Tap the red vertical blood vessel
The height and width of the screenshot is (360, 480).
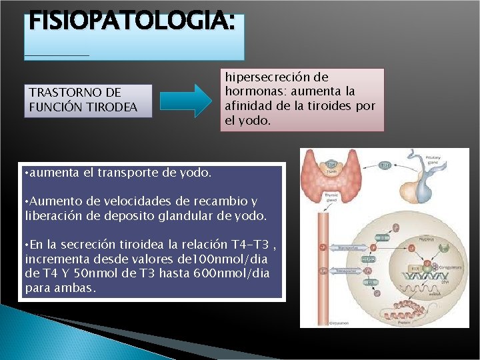[x=325, y=267]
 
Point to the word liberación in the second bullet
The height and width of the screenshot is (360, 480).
[x=51, y=215]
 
